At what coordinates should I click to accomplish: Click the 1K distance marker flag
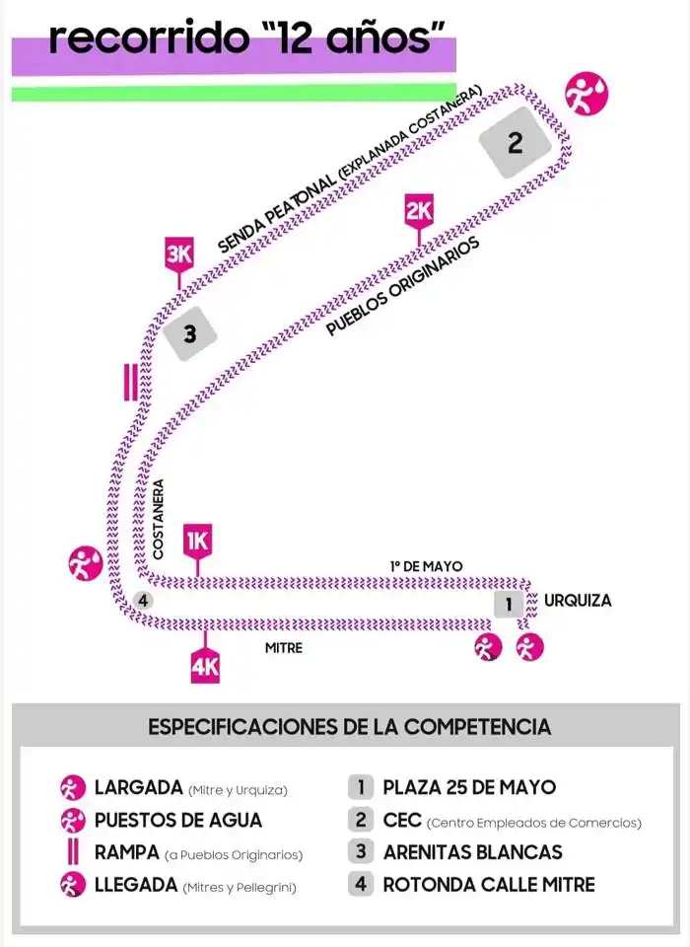(x=198, y=541)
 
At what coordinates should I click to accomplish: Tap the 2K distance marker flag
(x=419, y=210)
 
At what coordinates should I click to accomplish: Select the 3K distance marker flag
(x=178, y=255)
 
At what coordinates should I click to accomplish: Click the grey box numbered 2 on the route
(x=515, y=144)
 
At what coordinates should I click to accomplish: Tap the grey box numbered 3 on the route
(x=189, y=334)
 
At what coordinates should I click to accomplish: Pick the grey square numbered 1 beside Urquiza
(x=509, y=604)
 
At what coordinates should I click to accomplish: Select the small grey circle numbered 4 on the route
(x=142, y=600)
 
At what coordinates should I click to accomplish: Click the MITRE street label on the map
(x=284, y=648)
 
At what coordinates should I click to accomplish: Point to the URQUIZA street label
(x=578, y=600)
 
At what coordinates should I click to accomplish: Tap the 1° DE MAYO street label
(x=426, y=565)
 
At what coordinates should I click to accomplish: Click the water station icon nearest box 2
(x=586, y=94)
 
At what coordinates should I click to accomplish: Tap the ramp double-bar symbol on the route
(x=129, y=383)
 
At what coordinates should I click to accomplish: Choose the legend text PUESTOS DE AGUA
(x=178, y=820)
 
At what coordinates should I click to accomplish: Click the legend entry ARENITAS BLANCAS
(x=472, y=852)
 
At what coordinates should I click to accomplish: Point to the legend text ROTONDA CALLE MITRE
(x=489, y=885)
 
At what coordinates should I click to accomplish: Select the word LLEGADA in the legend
(x=135, y=885)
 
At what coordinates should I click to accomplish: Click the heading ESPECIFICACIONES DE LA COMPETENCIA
(x=349, y=727)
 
